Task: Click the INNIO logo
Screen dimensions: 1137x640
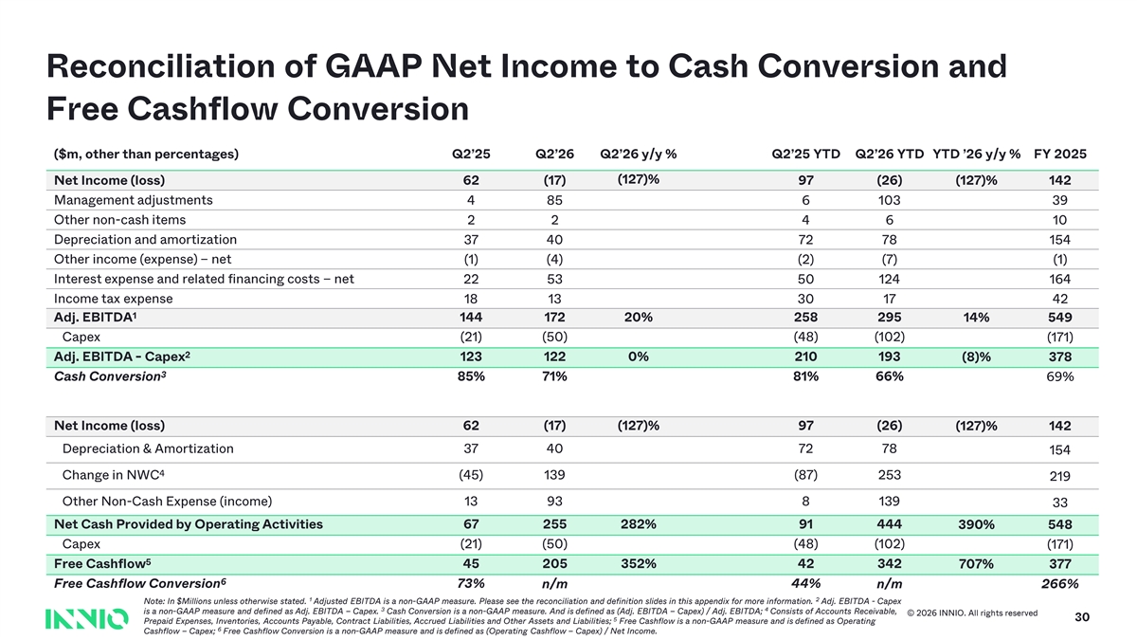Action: pos(87,618)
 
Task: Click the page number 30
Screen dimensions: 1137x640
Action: pos(1082,617)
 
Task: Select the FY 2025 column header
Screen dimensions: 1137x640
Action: pos(1060,154)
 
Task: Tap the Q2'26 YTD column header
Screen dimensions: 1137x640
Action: pos(890,154)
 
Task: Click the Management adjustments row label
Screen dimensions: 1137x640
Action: pos(133,200)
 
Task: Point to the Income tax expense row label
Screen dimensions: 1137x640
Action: pos(113,299)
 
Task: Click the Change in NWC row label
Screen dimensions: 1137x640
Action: pos(113,475)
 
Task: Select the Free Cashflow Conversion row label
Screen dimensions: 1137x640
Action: pos(140,583)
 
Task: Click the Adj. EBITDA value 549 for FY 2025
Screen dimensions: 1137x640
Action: pos(1060,318)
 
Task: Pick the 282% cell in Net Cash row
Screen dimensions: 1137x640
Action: pos(638,524)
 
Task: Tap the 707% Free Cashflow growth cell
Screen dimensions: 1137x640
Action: pos(976,564)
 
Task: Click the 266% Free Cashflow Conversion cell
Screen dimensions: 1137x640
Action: pos(1060,584)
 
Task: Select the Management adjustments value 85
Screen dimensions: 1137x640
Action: pos(554,200)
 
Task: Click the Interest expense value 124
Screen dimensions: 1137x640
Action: pos(890,279)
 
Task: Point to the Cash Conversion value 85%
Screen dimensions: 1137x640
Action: pos(471,376)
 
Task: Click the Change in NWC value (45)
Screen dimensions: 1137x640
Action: pos(471,475)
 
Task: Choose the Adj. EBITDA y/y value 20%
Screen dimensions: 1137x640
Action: pos(638,318)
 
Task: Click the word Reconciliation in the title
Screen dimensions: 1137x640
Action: pos(160,66)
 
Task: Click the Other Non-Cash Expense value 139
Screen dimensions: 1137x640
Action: pos(890,502)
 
